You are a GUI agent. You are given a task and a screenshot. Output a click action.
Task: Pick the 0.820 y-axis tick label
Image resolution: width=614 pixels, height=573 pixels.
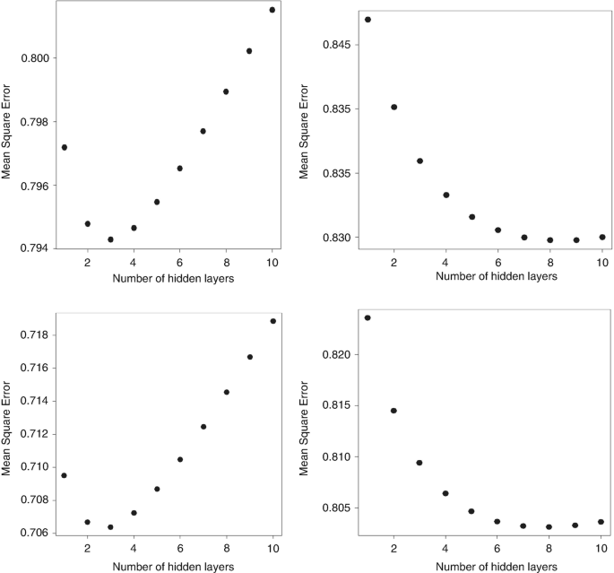tap(339, 355)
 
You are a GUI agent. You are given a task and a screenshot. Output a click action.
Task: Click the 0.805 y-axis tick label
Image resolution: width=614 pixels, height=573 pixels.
tap(339, 508)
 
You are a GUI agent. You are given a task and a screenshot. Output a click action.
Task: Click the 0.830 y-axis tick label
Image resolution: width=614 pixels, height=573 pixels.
tap(339, 238)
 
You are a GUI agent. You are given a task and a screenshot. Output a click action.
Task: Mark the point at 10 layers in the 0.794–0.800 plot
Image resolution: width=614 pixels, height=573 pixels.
tap(272, 10)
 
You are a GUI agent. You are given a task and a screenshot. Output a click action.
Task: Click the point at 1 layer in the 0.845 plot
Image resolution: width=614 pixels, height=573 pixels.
tap(368, 20)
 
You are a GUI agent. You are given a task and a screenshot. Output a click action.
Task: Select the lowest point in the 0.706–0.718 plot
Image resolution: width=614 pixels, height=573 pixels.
tap(110, 527)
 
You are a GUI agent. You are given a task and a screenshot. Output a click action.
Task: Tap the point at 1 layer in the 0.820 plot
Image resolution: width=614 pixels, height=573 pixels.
tap(368, 317)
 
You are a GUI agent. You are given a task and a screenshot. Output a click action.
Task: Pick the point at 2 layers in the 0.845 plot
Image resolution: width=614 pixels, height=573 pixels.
tap(394, 107)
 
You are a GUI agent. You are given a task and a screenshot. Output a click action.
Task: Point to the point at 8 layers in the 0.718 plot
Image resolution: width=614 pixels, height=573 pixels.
tap(226, 392)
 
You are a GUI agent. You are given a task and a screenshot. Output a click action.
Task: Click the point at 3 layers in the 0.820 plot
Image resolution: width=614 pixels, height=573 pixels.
tap(419, 463)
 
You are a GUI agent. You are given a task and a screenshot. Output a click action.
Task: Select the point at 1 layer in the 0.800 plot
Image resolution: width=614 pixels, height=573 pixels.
tap(65, 147)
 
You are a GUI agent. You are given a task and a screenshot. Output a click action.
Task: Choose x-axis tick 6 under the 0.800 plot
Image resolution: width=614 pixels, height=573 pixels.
tap(179, 262)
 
